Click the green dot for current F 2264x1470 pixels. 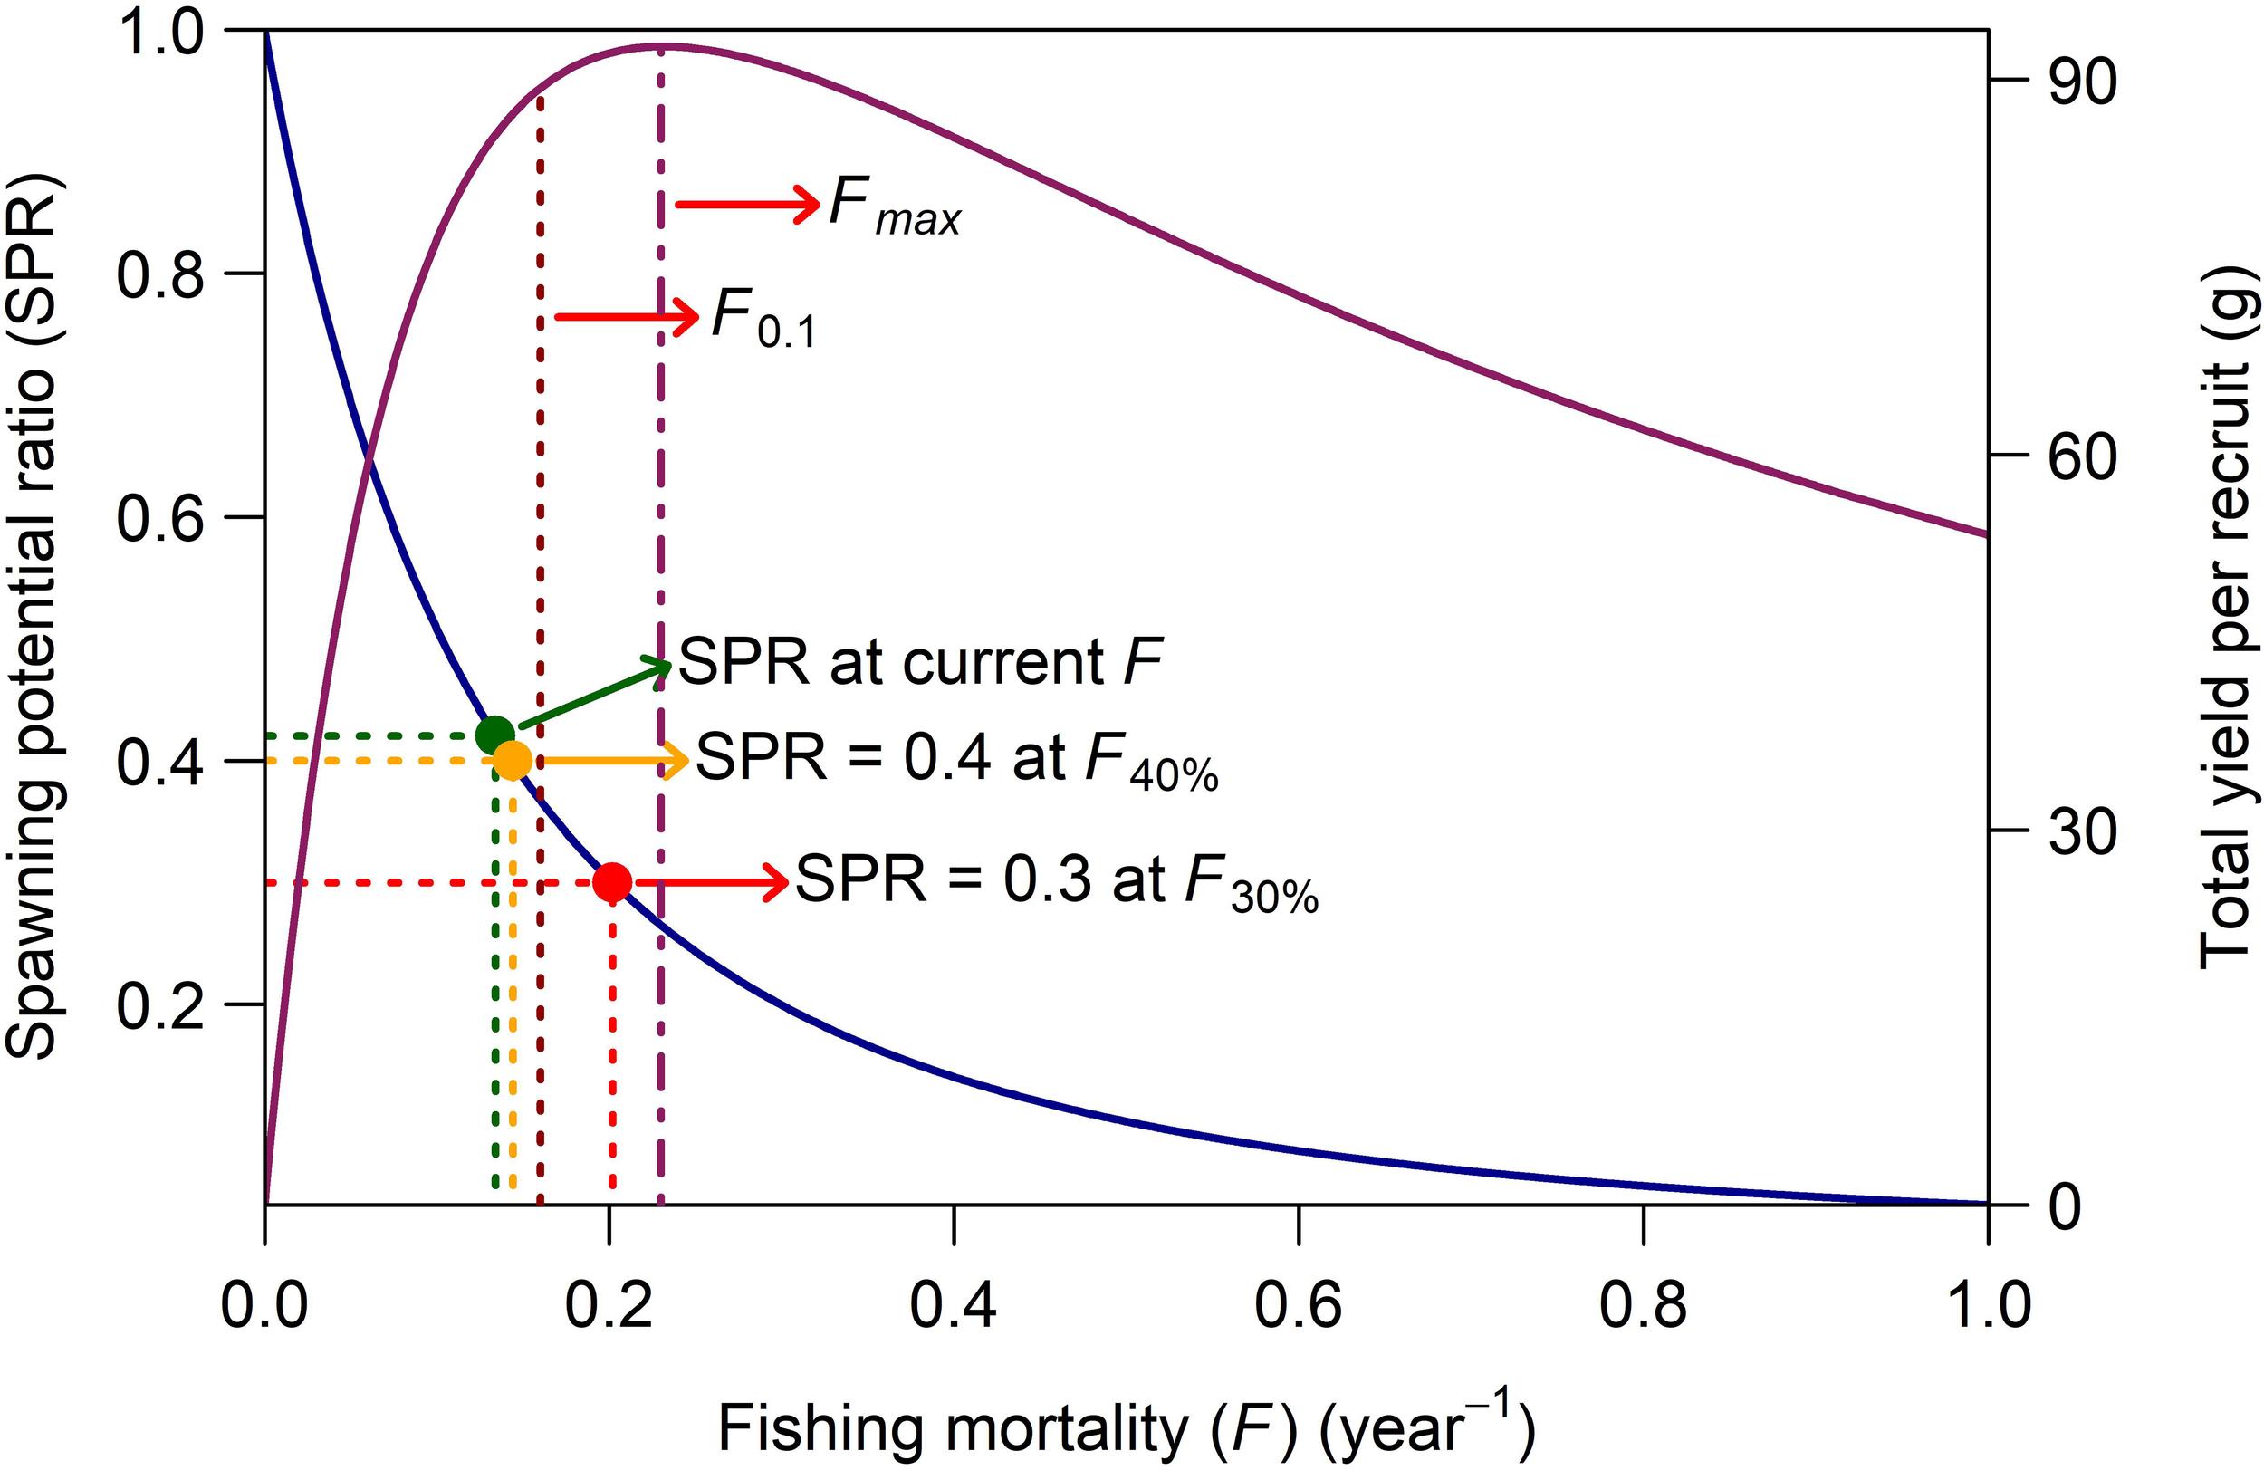[494, 735]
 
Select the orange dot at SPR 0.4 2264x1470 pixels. [513, 760]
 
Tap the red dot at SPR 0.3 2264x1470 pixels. [611, 882]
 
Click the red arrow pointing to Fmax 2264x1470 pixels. [747, 205]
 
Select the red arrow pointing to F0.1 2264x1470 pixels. [626, 316]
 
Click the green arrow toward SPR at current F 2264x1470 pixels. [595, 695]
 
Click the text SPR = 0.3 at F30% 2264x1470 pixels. [1056, 882]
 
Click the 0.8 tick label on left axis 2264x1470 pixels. [159, 275]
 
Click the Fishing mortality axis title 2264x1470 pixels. [1127, 1427]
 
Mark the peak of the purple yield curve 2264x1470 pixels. [661, 45]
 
